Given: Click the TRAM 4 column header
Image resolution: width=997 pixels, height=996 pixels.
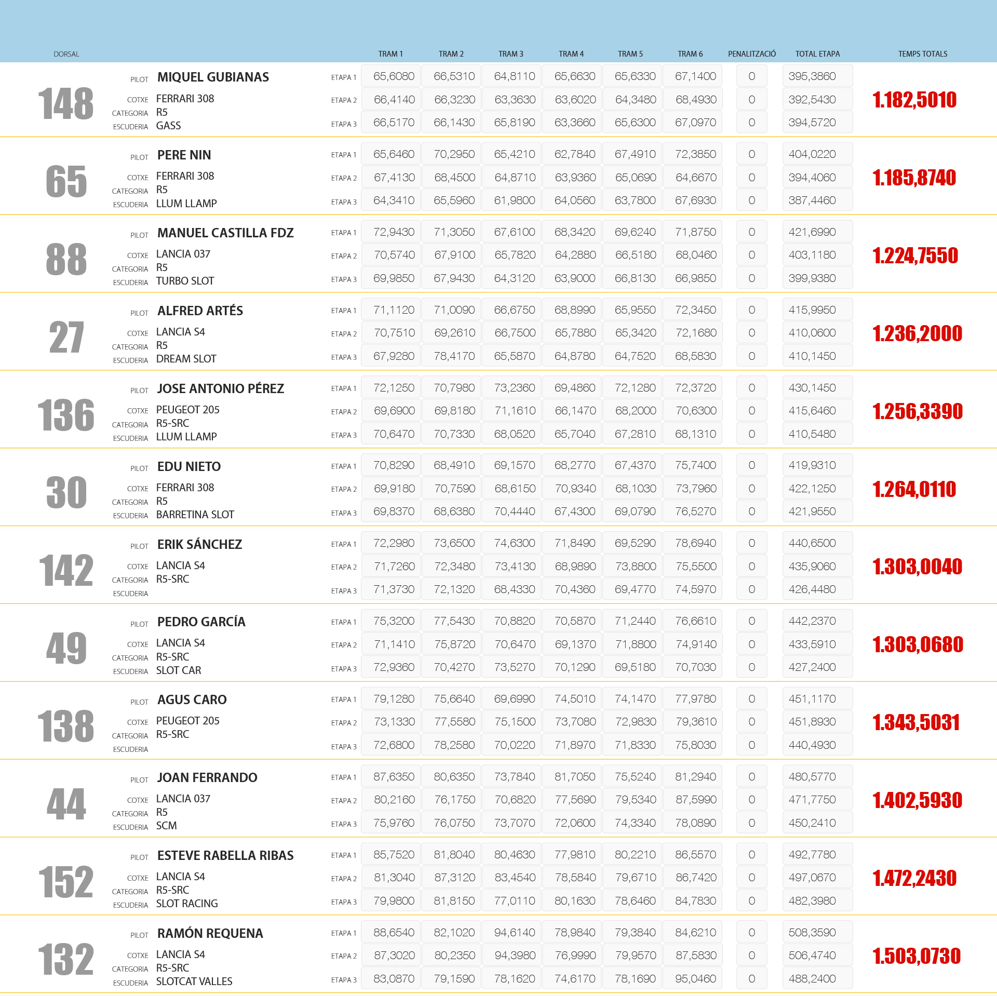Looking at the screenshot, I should tap(571, 54).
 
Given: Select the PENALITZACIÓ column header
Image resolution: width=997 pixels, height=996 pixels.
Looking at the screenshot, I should tap(751, 54).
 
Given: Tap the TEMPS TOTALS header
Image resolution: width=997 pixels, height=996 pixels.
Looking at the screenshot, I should tap(922, 54).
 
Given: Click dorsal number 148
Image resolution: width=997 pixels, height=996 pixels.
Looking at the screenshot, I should tap(66, 104).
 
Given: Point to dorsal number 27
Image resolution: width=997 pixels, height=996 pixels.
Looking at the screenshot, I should tap(66, 338).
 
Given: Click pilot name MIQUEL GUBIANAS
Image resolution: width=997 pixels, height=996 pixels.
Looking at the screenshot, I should tap(213, 77).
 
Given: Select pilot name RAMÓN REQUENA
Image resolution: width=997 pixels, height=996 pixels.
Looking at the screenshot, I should tap(210, 933).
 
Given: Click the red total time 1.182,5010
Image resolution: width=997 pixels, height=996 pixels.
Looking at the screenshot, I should tap(914, 100).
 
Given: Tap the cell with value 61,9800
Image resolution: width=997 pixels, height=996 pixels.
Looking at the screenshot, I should tap(514, 200).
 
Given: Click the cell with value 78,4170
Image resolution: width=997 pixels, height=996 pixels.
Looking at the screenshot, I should tap(454, 356).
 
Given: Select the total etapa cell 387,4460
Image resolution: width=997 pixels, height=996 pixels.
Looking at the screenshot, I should tap(812, 200).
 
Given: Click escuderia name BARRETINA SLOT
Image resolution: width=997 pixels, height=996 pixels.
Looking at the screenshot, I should tap(195, 515).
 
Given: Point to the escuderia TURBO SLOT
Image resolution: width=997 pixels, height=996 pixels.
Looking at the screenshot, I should tap(185, 281).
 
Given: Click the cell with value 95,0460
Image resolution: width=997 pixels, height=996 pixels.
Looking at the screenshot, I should tap(695, 979).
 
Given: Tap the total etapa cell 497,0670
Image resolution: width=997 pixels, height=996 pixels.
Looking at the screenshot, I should tap(812, 878).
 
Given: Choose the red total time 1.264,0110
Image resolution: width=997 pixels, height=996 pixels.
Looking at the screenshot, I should tap(914, 489).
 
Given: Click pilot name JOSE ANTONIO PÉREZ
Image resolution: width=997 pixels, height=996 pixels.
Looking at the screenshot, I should tap(220, 388).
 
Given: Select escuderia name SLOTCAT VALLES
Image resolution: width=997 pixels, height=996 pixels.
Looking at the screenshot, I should tap(194, 981).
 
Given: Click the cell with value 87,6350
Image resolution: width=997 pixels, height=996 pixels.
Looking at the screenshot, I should tap(394, 777).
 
